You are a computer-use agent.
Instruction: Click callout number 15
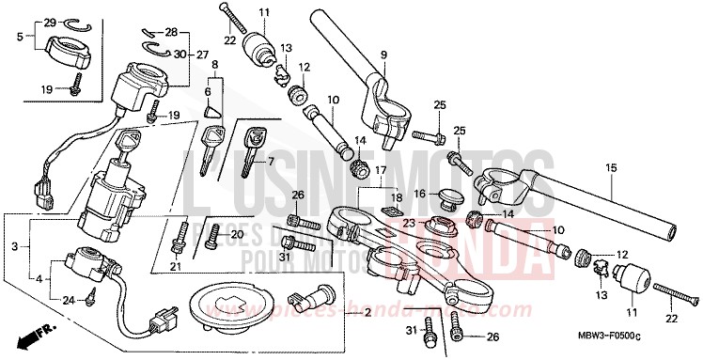[611, 168]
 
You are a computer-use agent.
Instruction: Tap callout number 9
[383, 54]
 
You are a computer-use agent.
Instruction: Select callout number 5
[21, 39]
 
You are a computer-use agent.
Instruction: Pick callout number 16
[419, 194]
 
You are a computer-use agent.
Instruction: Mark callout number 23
[408, 223]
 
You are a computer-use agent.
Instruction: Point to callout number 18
[397, 199]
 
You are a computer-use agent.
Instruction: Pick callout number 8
[214, 64]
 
